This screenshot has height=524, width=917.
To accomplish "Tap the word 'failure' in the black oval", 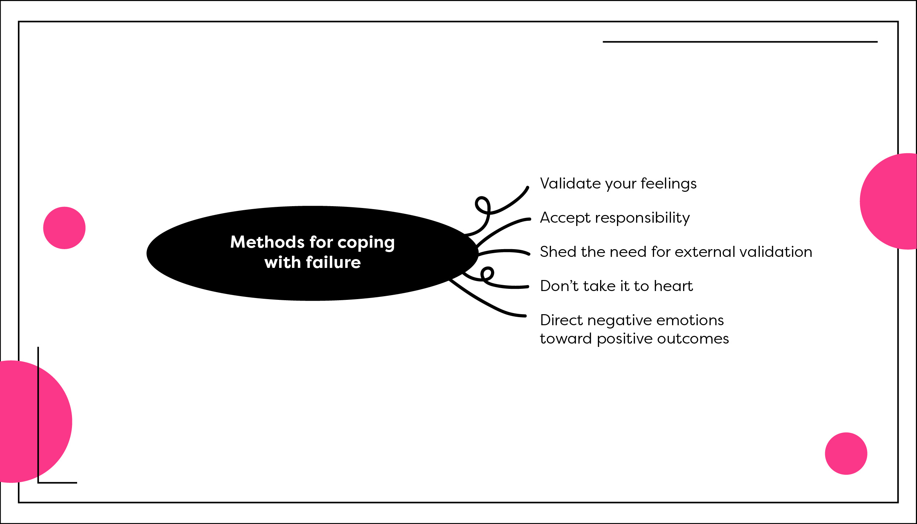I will click(333, 262).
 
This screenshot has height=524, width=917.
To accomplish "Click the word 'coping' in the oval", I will click(366, 243).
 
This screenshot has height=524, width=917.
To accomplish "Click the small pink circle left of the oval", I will click(64, 228).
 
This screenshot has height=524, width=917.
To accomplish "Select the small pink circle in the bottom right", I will click(846, 453).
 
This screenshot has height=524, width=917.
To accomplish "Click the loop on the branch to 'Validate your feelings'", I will click(483, 205).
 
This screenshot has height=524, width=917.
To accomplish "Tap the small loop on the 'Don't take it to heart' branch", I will click(487, 273).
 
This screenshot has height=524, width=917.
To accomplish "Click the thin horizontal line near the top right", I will click(740, 42).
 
